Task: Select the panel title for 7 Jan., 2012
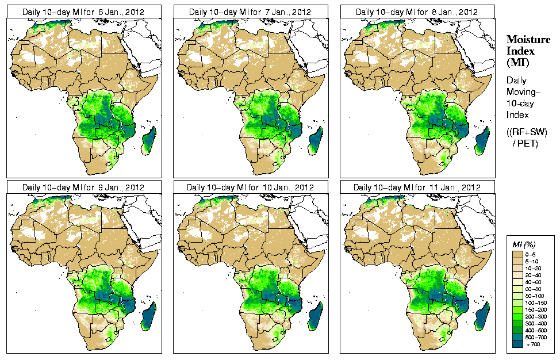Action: click(250, 12)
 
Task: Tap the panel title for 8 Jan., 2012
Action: click(417, 12)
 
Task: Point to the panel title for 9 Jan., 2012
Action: click(83, 187)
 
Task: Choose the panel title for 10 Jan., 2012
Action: click(250, 187)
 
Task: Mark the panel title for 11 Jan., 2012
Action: click(417, 187)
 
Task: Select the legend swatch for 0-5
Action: click(517, 254)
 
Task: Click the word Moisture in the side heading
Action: click(526, 39)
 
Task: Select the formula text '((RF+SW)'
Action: click(527, 132)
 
